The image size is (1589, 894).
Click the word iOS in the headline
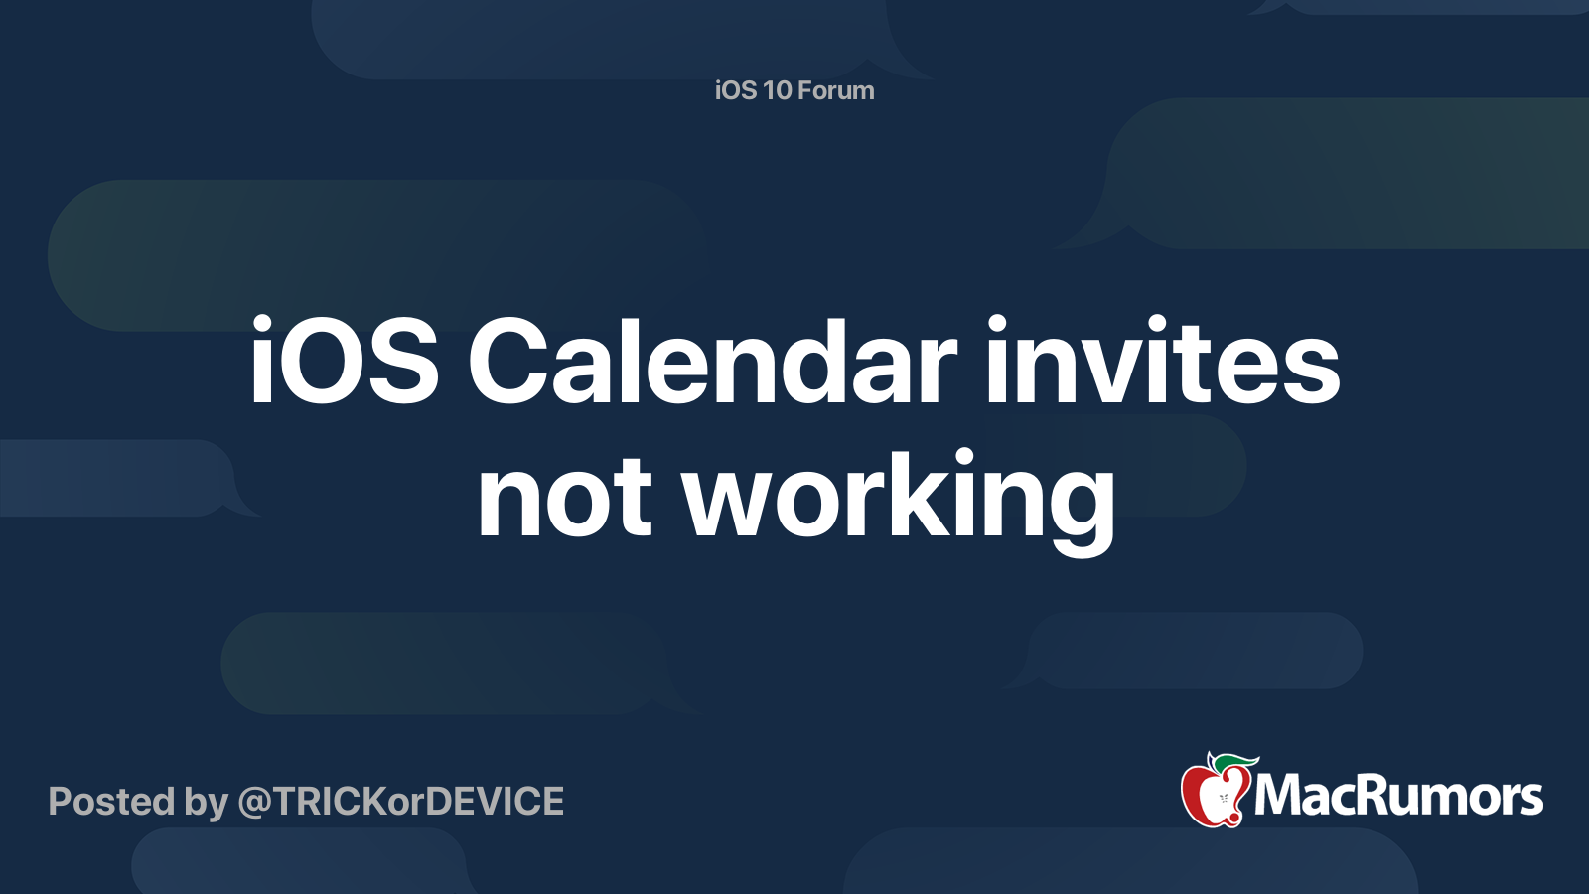pyautogui.click(x=344, y=361)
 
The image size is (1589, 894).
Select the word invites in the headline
pyautogui.click(x=1163, y=361)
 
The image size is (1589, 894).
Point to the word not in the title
pyautogui.click(x=565, y=497)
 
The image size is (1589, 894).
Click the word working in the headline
pyautogui.click(x=899, y=503)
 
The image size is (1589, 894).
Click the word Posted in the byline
pyautogui.click(x=112, y=801)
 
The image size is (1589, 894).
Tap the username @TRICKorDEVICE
pyautogui.click(x=401, y=802)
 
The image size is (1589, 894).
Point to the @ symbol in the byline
pyautogui.click(x=257, y=804)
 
